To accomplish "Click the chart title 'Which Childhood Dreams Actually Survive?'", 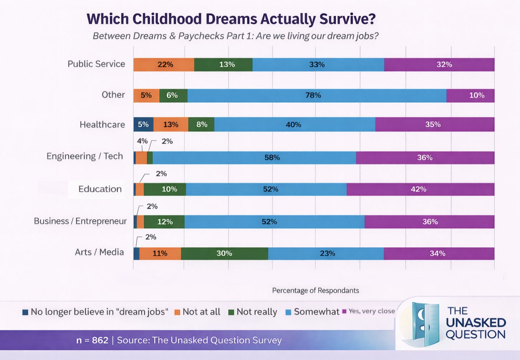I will (231, 19).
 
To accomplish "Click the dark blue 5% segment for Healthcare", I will (143, 124).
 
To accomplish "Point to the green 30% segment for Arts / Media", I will (224, 254).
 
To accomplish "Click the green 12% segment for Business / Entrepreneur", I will (164, 222).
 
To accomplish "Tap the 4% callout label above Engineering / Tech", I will (142, 141).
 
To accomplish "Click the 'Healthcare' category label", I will (102, 125).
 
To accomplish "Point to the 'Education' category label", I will (100, 189).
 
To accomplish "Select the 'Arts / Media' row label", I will (99, 252).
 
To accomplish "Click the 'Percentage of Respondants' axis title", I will (315, 290).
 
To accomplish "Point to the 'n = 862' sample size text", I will (92, 340).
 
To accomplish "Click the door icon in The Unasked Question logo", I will (425, 324).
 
